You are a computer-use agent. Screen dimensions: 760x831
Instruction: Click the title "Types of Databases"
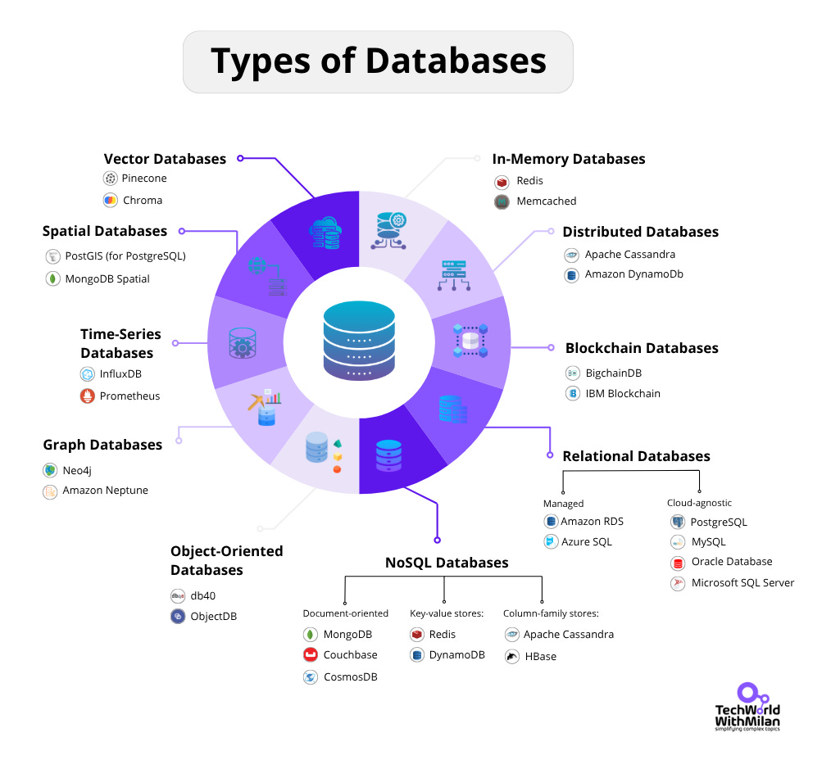(378, 62)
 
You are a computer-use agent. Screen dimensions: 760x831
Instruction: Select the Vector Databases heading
(165, 159)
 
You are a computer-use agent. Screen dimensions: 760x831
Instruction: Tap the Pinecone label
(144, 179)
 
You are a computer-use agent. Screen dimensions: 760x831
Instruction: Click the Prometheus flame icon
(88, 396)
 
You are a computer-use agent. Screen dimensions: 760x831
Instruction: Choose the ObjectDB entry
(213, 616)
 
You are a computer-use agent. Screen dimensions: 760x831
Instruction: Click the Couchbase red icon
(311, 655)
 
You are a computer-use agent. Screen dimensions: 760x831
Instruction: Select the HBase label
(540, 656)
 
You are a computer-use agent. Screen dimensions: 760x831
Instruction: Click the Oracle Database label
(731, 562)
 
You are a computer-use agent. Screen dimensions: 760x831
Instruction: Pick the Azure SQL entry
(586, 542)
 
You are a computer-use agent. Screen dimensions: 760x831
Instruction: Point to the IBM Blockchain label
(622, 393)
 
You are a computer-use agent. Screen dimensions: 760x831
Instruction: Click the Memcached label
(546, 201)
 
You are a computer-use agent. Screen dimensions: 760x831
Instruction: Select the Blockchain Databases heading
(641, 348)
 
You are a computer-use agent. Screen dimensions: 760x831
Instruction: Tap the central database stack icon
(359, 340)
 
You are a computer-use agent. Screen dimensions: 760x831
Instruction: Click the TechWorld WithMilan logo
(746, 705)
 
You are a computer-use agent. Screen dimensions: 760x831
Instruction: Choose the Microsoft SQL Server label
(742, 583)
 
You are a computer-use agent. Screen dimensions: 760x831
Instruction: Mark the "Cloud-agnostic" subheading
(699, 503)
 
